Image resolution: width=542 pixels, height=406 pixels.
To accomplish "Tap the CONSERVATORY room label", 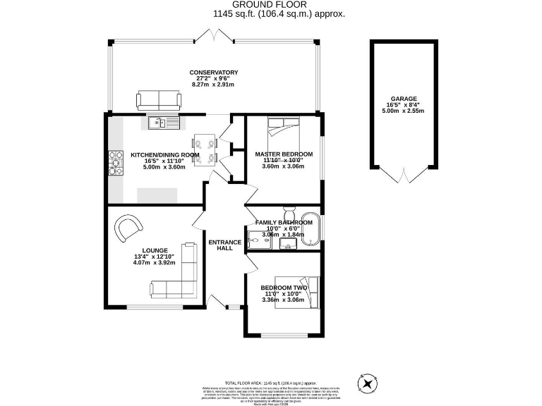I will click(x=214, y=73).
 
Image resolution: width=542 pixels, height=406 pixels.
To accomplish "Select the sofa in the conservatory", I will click(x=159, y=100).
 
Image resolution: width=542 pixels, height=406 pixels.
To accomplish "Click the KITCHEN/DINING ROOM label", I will click(x=164, y=155).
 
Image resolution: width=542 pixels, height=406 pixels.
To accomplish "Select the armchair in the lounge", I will click(x=128, y=227).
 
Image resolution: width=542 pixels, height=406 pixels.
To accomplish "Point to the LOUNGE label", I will click(x=155, y=250).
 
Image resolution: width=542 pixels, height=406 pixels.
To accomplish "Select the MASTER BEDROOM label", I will click(x=284, y=154).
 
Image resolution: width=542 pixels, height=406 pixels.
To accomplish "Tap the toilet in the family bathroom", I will click(x=289, y=212).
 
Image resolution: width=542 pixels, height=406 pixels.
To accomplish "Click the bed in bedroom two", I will click(x=297, y=291).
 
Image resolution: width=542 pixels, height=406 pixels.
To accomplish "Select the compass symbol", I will click(x=368, y=384).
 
